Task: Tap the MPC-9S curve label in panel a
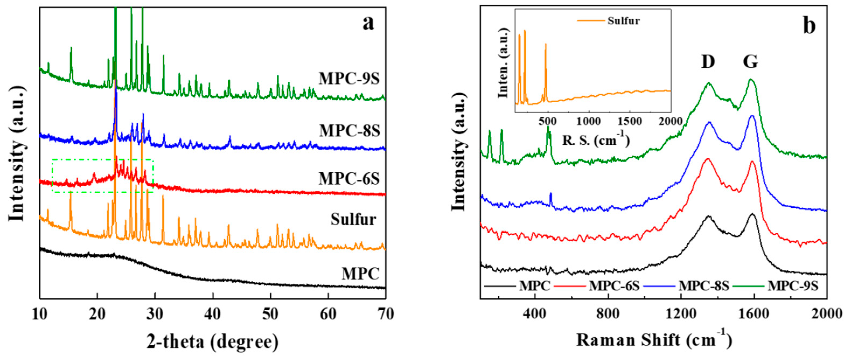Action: pyautogui.click(x=349, y=79)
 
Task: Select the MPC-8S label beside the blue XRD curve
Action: pyautogui.click(x=349, y=131)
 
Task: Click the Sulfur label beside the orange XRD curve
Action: pyautogui.click(x=353, y=219)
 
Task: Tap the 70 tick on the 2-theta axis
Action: pyautogui.click(x=385, y=314)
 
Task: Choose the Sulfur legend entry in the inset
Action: pyautogui.click(x=624, y=21)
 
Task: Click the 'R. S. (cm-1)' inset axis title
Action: pyautogui.click(x=596, y=140)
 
